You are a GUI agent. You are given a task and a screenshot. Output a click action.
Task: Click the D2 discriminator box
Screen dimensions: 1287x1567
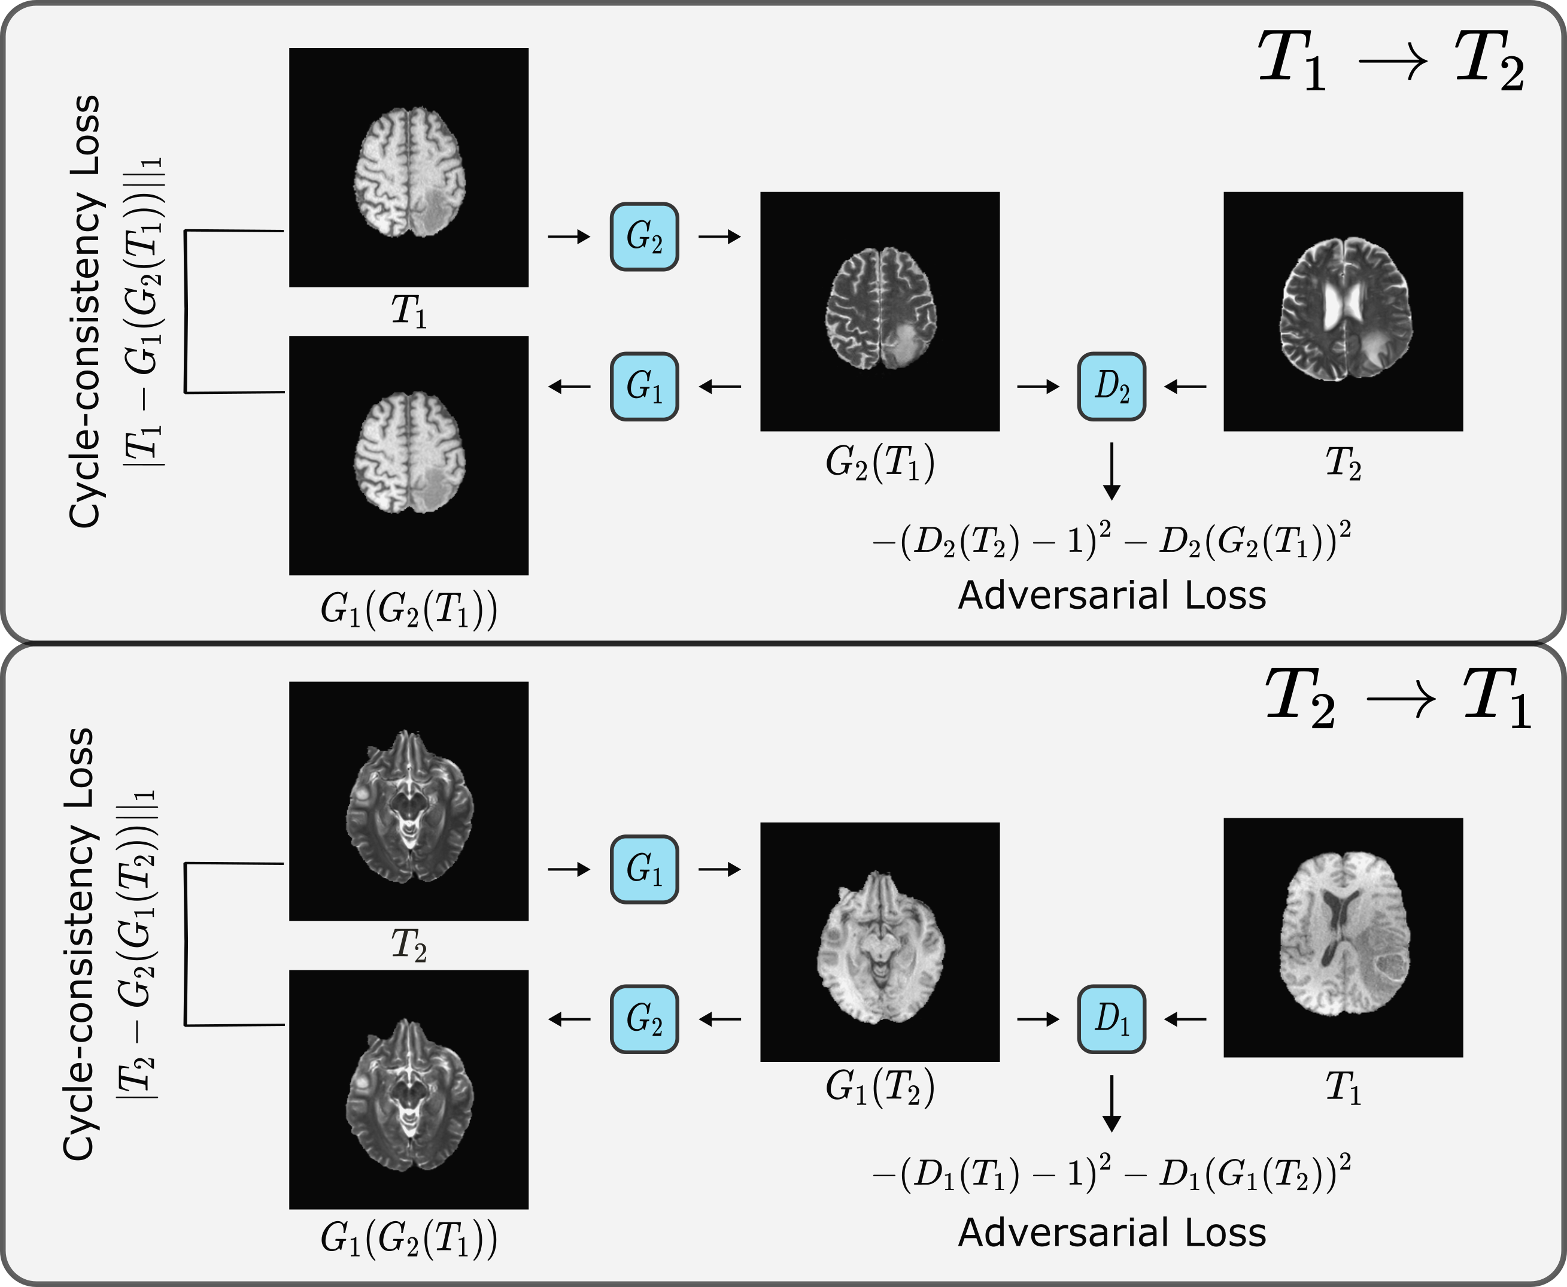pos(1111,386)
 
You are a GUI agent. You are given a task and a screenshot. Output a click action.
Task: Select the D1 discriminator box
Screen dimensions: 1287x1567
pos(1111,1019)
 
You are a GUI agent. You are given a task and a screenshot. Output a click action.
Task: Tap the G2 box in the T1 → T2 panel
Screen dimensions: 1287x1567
pos(644,236)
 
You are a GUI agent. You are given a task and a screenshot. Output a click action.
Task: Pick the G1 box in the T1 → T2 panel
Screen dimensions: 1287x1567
pos(644,386)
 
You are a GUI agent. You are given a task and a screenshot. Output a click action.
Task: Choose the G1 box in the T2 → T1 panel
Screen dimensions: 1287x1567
pos(644,869)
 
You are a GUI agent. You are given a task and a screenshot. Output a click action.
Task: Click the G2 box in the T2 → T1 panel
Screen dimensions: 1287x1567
pos(644,1019)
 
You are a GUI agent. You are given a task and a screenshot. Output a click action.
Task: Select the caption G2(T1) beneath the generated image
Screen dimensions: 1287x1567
pos(880,463)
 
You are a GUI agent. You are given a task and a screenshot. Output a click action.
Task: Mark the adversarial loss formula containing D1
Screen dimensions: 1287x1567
pos(1111,1173)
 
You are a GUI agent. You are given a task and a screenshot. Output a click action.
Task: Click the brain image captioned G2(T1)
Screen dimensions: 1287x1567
pos(880,311)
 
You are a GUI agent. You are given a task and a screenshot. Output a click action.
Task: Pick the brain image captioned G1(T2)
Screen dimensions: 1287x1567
pos(880,942)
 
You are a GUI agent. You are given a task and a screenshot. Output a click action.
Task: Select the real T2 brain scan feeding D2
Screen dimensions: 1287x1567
pos(1343,311)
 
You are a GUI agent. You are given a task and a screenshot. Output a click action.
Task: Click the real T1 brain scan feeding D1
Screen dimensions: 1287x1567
pos(1343,937)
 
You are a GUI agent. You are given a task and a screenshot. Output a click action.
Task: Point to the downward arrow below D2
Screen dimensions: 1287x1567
pos(1111,472)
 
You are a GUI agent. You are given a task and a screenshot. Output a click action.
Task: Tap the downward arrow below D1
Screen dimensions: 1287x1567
pos(1111,1104)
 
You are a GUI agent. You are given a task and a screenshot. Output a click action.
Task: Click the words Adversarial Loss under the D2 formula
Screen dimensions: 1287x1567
pos(1111,595)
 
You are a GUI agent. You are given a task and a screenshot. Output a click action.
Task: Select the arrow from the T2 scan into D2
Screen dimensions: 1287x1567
pos(1185,386)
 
